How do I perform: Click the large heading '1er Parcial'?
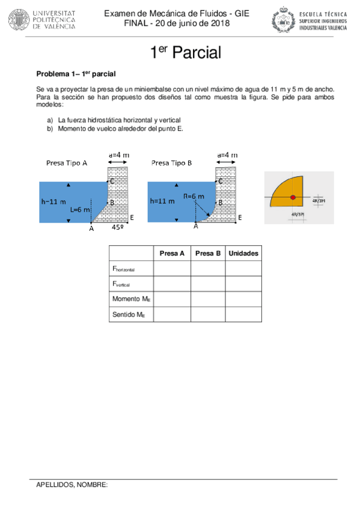pos(185,54)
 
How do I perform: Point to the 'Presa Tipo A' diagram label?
pos(67,163)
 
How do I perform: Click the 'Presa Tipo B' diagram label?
pos(172,162)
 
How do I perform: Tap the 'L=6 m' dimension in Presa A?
pos(80,209)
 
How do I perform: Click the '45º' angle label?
pos(118,228)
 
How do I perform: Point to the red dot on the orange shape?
pos(293,198)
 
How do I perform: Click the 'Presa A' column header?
pos(172,254)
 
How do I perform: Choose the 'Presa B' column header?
pos(208,254)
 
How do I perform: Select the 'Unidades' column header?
pos(243,254)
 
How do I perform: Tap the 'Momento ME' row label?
pos(130,299)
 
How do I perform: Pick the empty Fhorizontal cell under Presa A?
pos(172,269)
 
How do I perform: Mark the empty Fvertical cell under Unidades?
pos(243,284)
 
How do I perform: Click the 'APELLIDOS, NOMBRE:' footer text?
pos(72,484)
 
